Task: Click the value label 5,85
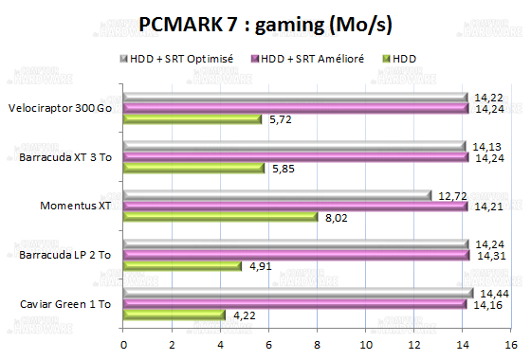(x=283, y=169)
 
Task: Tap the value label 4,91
(x=260, y=266)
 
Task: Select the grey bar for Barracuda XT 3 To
(x=294, y=146)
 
